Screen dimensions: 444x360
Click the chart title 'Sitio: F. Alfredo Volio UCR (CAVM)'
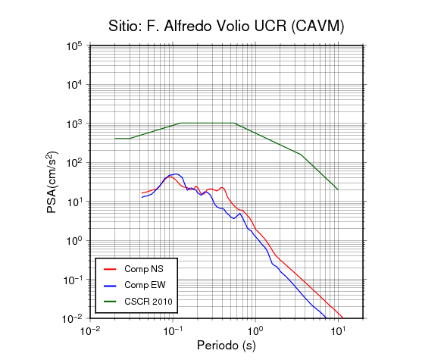point(227,27)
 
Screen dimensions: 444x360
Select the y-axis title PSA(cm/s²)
point(52,182)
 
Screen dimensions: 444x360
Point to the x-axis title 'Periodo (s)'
point(227,346)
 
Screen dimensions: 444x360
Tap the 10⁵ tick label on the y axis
point(74,45)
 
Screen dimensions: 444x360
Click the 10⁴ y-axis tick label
point(74,84)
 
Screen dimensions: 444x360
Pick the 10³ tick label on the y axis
point(74,124)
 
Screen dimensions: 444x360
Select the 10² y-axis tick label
point(74,163)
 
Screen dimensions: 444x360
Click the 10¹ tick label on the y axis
point(74,202)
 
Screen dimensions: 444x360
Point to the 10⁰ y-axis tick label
point(74,240)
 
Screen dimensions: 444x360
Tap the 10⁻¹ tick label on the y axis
point(72,280)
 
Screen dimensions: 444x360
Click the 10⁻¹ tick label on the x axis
point(173,330)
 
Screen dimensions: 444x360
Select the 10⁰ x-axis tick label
point(255,330)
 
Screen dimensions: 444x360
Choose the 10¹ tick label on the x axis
point(338,330)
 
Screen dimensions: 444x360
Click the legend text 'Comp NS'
point(144,269)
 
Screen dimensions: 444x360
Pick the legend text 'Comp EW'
point(145,285)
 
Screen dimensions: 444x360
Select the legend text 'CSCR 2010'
point(149,302)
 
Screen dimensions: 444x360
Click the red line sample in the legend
point(110,269)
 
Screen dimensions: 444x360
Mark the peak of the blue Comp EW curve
point(176,174)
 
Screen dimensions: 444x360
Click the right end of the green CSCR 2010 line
point(338,189)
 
